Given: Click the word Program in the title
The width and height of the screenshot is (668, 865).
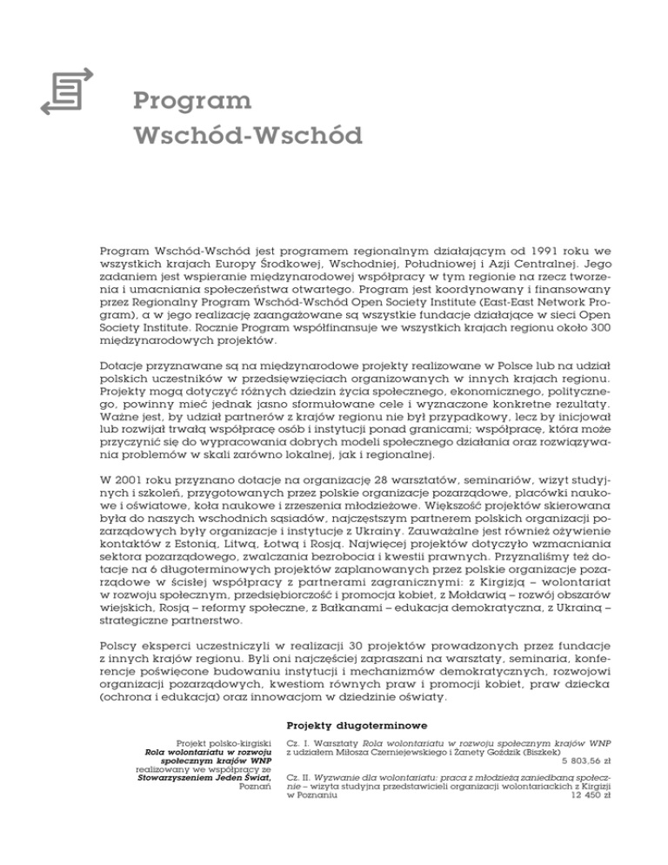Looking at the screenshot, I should click(x=193, y=103).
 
